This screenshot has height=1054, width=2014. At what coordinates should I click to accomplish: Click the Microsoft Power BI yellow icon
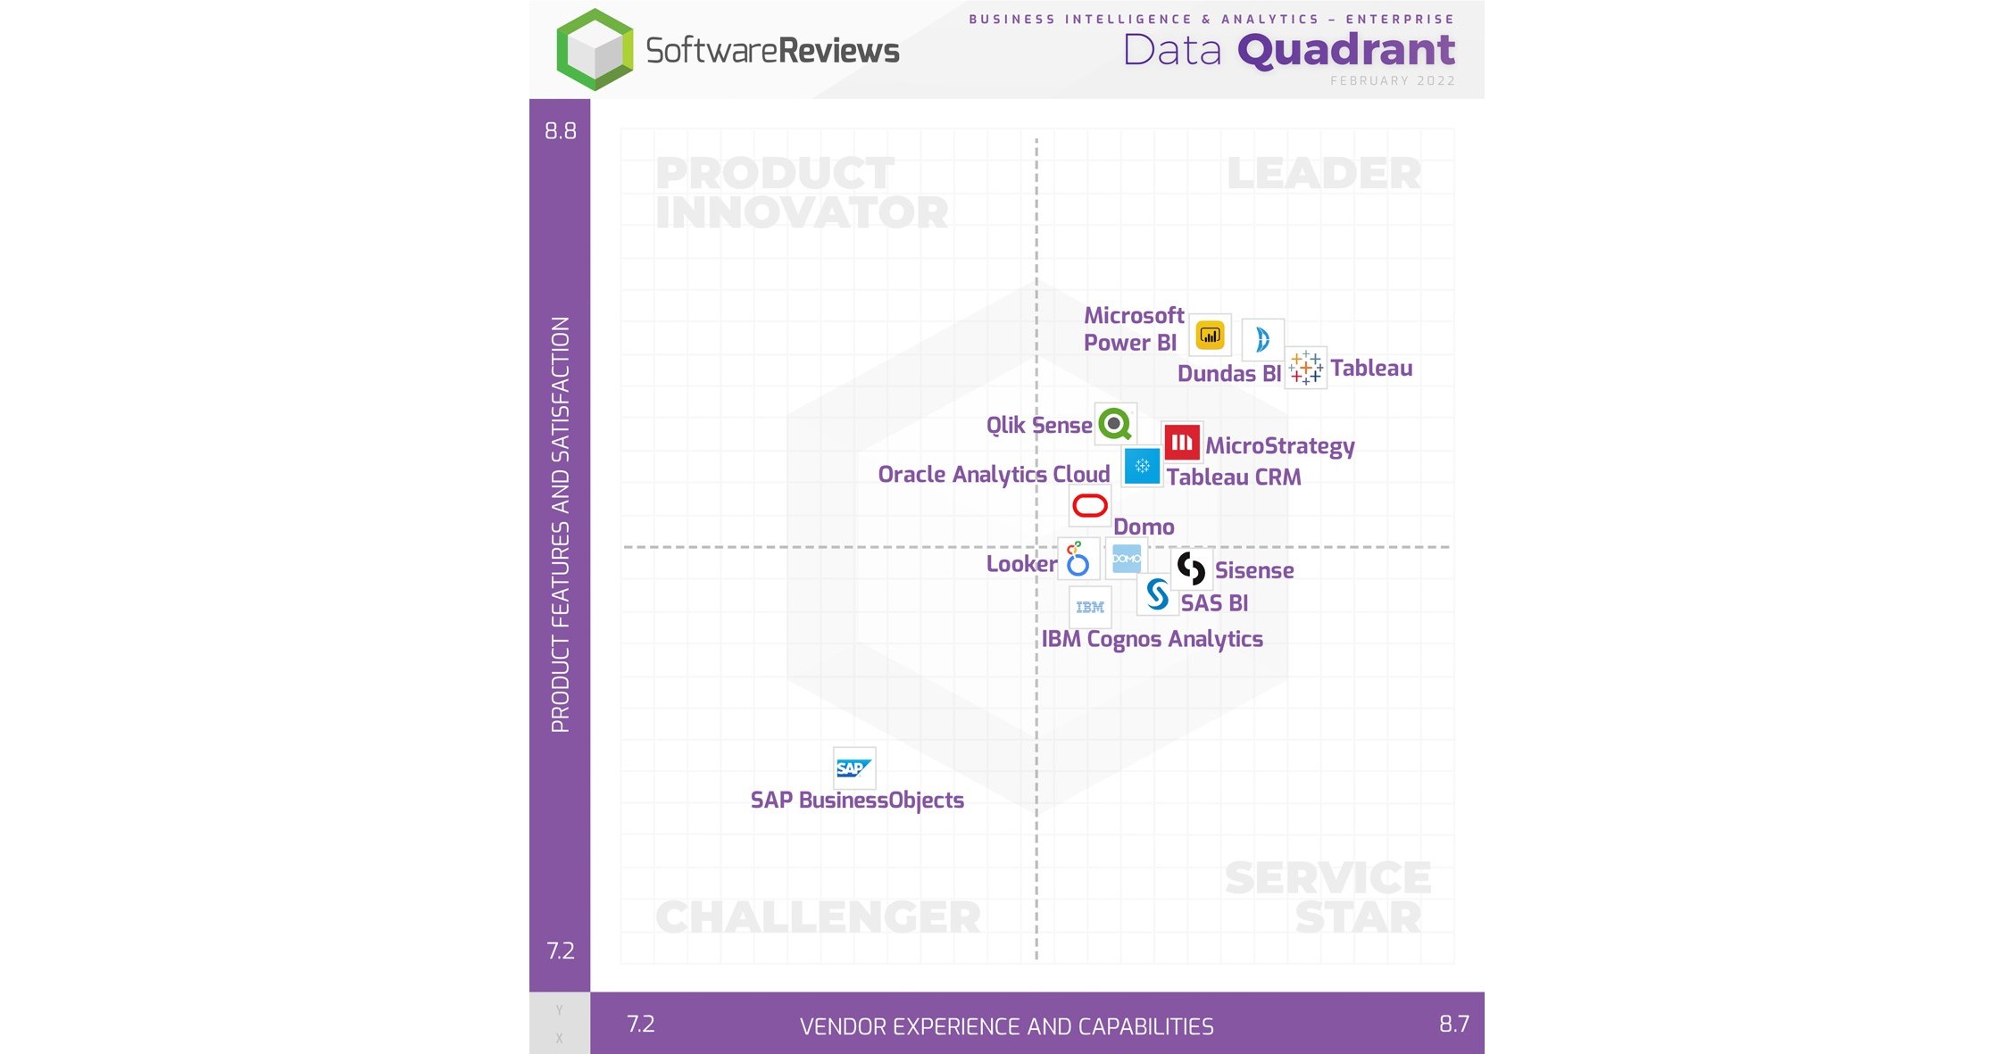[x=1210, y=336]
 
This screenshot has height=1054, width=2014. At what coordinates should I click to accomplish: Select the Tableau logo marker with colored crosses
[x=1305, y=367]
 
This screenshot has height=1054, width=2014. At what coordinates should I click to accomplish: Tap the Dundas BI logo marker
[x=1262, y=339]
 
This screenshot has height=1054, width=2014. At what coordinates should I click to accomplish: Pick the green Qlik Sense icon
[x=1115, y=424]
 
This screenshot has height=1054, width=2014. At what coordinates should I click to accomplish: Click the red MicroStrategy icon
[x=1182, y=442]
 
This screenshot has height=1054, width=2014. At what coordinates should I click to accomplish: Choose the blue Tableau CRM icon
[x=1142, y=466]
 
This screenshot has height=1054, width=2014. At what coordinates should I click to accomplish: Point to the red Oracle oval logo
[x=1089, y=506]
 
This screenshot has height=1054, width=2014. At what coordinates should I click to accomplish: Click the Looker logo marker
[x=1078, y=560]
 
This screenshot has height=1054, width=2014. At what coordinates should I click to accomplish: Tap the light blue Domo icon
[x=1126, y=559]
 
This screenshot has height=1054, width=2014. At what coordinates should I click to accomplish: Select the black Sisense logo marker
[x=1191, y=568]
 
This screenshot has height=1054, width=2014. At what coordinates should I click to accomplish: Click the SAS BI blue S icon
[x=1157, y=594]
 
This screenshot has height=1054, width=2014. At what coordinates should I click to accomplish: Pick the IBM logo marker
[x=1090, y=607]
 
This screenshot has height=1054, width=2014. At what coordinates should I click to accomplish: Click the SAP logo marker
[x=853, y=768]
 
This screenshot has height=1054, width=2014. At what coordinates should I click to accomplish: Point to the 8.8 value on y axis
[x=561, y=131]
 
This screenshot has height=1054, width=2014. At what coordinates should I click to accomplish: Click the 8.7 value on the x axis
[x=1453, y=1024]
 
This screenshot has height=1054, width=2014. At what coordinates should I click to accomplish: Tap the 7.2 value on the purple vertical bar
[x=561, y=950]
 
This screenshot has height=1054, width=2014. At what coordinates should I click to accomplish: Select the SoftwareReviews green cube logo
[x=595, y=50]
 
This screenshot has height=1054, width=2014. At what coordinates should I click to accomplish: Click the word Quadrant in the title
[x=1346, y=50]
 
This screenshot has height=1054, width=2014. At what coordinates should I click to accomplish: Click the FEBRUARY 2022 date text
[x=1392, y=81]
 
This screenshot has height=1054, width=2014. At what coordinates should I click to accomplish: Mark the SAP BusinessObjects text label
[x=857, y=800]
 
